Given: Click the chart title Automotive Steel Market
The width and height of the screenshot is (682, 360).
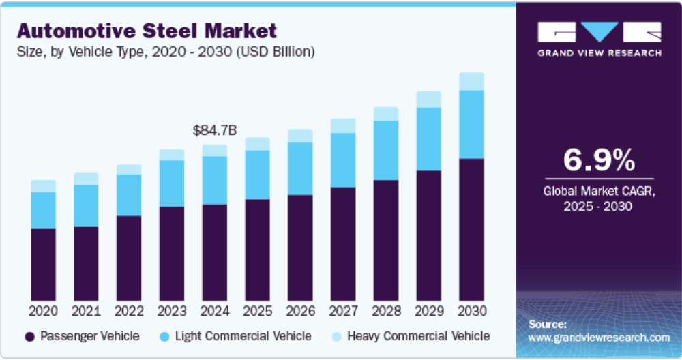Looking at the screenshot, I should (x=147, y=31).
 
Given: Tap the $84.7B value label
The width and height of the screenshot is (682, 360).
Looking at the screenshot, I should (x=215, y=130).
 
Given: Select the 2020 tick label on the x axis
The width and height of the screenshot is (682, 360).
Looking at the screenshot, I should (x=43, y=311).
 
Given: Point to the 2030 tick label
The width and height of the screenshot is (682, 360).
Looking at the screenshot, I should (x=471, y=311).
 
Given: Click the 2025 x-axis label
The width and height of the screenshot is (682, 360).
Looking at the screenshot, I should (x=257, y=311).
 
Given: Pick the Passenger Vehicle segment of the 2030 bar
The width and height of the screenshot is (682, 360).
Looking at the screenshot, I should (x=471, y=230).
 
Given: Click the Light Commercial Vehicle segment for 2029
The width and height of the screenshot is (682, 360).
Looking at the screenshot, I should (x=428, y=139).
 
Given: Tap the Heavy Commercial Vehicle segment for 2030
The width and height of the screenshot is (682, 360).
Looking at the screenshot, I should (x=471, y=81).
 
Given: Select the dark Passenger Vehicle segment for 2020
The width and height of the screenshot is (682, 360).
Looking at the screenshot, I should (x=43, y=265).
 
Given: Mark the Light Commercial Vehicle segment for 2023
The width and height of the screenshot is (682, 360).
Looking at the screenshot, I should (x=171, y=183).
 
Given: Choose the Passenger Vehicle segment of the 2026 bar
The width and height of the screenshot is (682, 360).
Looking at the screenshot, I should (x=300, y=247).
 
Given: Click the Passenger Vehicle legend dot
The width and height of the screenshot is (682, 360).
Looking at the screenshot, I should (x=29, y=336).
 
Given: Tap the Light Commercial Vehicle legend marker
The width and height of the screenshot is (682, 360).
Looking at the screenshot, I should (x=164, y=336).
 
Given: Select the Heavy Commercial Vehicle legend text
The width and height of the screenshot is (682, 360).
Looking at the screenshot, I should (x=418, y=336).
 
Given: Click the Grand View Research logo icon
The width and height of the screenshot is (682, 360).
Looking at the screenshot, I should (x=598, y=32).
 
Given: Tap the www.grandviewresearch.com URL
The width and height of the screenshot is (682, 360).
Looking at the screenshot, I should (x=599, y=337).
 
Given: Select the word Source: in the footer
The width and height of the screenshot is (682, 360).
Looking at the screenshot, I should (x=547, y=324).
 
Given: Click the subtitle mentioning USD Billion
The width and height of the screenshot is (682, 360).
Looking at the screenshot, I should (x=165, y=52).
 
